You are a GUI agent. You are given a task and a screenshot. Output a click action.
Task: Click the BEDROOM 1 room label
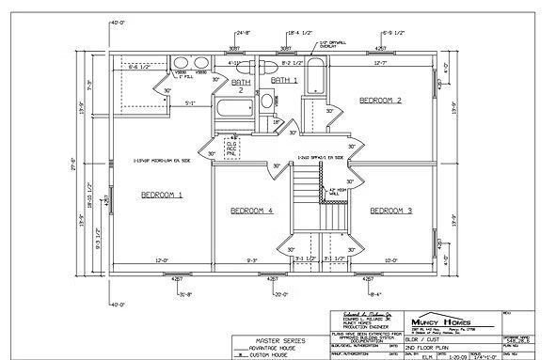pyautogui.click(x=161, y=196)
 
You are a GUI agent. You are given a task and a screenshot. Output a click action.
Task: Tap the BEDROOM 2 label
pyautogui.click(x=380, y=100)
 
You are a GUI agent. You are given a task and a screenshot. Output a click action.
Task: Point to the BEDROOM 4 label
pyautogui.click(x=251, y=211)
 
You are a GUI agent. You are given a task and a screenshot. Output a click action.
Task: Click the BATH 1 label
pyautogui.click(x=284, y=81)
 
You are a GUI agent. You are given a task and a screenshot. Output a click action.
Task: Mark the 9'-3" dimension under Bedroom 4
pyautogui.click(x=252, y=259)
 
